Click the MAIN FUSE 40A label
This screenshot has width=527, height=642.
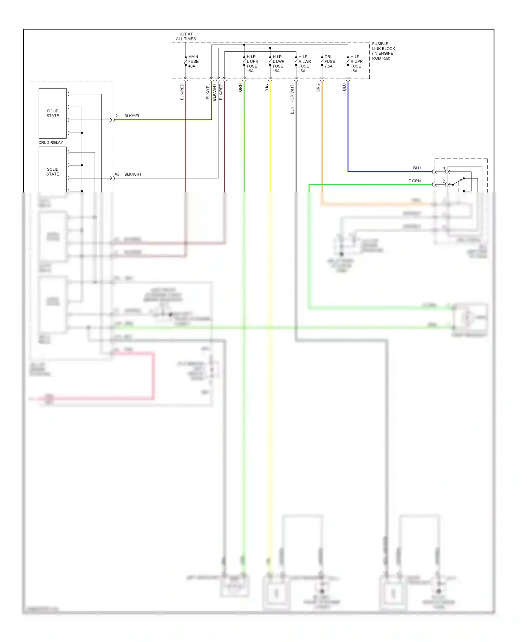coord(193,61)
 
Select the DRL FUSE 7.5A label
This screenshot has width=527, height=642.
coord(329,61)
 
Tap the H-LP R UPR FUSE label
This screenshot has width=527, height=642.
coord(356,64)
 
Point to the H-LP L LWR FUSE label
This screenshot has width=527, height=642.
coord(278,64)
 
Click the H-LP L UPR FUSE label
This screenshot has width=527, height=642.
coord(252,64)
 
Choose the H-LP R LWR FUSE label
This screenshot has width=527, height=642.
coord(304,64)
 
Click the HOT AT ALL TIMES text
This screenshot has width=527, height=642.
coord(186,37)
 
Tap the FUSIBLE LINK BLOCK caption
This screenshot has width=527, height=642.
coord(383,51)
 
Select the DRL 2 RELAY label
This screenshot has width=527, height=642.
coord(51,143)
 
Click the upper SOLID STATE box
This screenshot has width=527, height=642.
coord(53,113)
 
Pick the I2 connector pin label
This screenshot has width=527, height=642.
coord(116,116)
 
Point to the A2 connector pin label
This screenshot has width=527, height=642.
coord(117,174)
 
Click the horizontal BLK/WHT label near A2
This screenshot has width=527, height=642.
coord(133,174)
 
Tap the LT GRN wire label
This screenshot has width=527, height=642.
coord(413,181)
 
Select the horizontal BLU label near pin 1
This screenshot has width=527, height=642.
coord(417,168)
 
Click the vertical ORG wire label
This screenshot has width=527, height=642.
coord(318,88)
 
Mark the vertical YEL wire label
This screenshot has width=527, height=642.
coord(266,87)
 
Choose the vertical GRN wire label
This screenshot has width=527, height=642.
coord(240,88)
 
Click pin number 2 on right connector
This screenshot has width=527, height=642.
coord(444,181)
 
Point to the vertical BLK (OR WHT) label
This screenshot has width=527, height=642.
coord(292,99)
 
